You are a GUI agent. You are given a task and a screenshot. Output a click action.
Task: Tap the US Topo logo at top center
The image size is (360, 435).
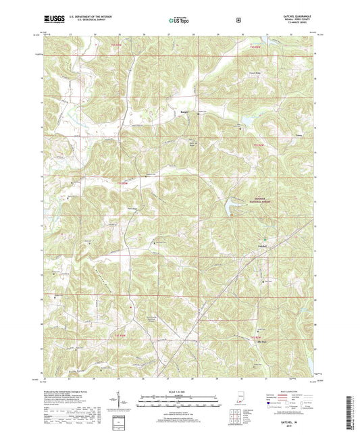click(x=180, y=21)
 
